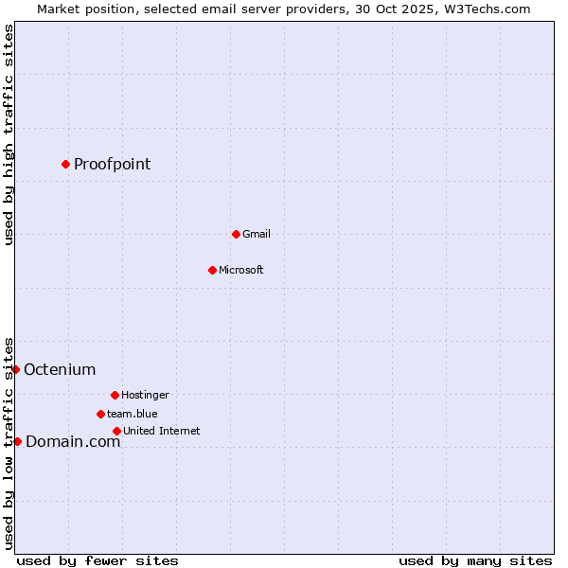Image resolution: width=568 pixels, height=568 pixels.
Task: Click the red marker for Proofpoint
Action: pos(65,164)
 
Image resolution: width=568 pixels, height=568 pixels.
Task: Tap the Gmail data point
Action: pos(236,234)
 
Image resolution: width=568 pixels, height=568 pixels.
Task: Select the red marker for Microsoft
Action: pos(212,270)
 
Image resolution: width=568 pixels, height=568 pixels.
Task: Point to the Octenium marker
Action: pos(16,369)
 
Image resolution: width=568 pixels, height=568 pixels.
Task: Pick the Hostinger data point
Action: pos(115,395)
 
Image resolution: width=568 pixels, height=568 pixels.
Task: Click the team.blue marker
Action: pos(100,414)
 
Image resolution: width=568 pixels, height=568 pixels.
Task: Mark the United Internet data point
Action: pos(116,431)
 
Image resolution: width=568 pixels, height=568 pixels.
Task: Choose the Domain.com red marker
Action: pos(17,441)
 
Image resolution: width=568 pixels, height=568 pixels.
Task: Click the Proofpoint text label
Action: pos(112,165)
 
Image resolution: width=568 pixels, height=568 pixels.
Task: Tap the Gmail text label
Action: pos(256,234)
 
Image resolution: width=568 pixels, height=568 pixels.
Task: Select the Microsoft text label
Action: pos(240,270)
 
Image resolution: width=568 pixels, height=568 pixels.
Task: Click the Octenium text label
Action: pos(60,370)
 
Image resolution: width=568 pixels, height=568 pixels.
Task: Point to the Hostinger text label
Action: pos(145,395)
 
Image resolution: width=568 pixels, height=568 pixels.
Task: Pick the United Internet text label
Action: pos(161,431)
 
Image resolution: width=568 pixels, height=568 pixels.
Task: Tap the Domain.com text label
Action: pos(73,442)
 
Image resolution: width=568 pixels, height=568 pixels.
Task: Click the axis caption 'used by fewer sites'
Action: pos(98,560)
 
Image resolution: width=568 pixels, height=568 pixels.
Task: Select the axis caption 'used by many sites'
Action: pos(475,560)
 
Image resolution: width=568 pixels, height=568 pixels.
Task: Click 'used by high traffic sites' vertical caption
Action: pos(9,135)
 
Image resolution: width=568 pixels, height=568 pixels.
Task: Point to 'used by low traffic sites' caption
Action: pos(9,442)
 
